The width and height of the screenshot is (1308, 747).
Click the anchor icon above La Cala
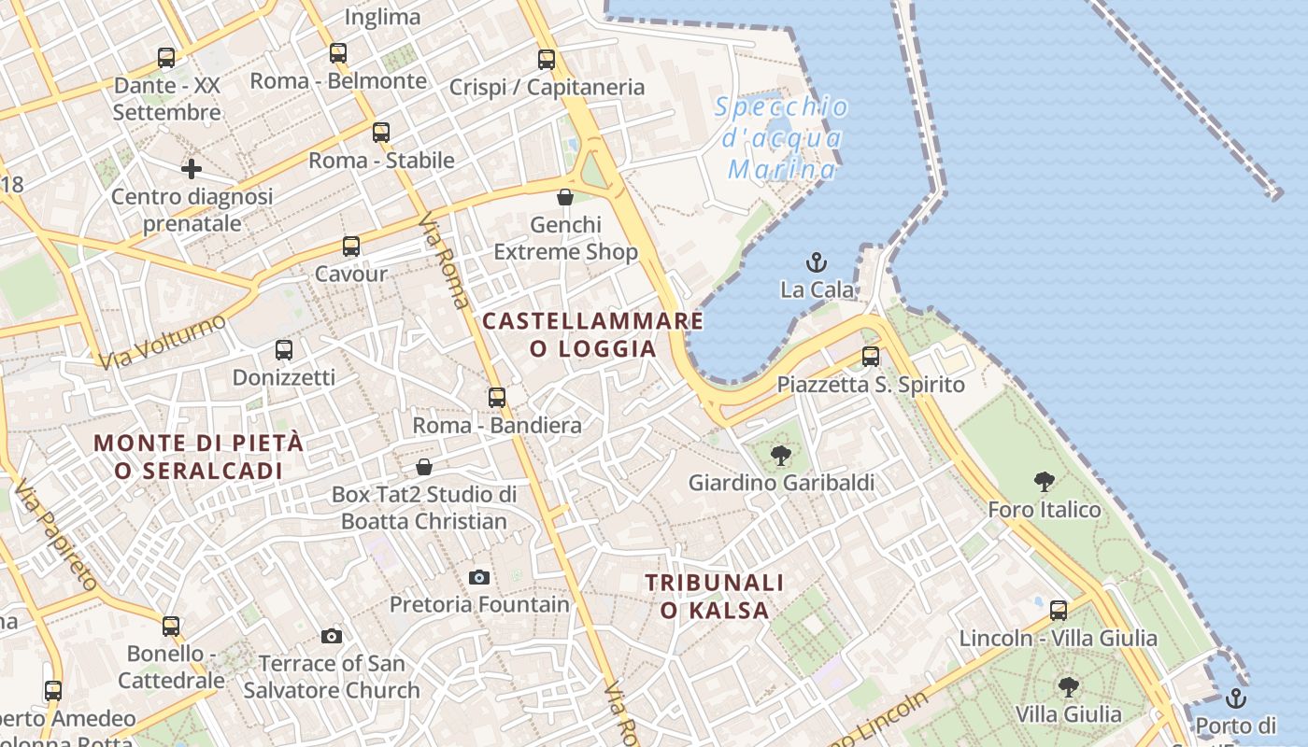(x=817, y=261)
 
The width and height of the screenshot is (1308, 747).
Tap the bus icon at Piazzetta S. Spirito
(x=871, y=356)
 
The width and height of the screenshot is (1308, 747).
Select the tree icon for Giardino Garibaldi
(x=781, y=456)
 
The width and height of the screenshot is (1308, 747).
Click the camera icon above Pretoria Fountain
(x=479, y=577)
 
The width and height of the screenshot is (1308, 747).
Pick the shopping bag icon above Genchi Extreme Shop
(x=565, y=197)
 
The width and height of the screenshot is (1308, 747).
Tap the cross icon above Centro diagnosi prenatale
(x=192, y=169)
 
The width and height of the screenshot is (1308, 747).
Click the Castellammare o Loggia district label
(x=592, y=334)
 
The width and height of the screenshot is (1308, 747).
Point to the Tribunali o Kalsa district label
(x=715, y=597)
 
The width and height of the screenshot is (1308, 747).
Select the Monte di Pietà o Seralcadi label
(x=199, y=457)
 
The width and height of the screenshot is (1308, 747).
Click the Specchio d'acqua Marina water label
(x=782, y=138)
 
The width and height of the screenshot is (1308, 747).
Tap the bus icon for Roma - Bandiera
(x=497, y=397)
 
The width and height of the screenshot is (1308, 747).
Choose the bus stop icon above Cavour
(x=351, y=247)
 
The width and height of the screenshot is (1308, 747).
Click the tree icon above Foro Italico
(x=1045, y=482)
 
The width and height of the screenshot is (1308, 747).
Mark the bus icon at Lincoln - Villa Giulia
(x=1059, y=611)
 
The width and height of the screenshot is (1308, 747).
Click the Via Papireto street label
(x=56, y=536)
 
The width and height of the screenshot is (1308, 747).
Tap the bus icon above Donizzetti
(x=284, y=350)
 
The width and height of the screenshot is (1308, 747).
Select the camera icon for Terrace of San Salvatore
(x=331, y=637)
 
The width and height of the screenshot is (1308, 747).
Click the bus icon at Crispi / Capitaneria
(x=547, y=60)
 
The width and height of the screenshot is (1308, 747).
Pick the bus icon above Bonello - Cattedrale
(x=171, y=626)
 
